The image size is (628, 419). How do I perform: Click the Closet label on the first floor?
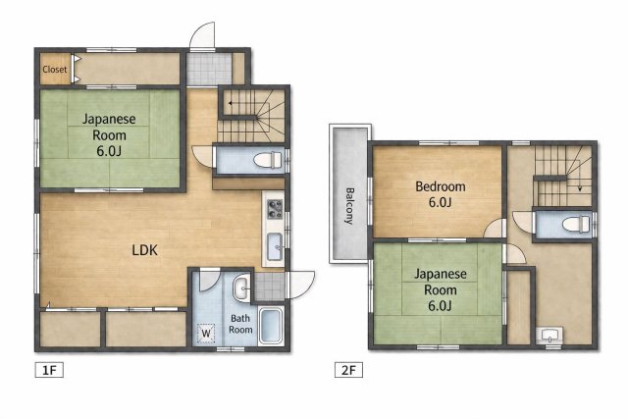tap(55, 70)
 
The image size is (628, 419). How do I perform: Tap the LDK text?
tap(145, 249)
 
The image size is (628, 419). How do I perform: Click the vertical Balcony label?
tap(348, 206)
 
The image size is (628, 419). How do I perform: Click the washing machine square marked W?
tap(207, 334)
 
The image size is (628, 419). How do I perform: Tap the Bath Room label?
tap(241, 325)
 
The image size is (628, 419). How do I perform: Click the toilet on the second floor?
tap(573, 225)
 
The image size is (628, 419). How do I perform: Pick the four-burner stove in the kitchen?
tap(274, 208)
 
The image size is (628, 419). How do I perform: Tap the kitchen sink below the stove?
tap(274, 246)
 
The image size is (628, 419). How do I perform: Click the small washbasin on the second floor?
tap(549, 335)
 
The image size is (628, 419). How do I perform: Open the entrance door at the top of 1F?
tap(203, 36)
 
